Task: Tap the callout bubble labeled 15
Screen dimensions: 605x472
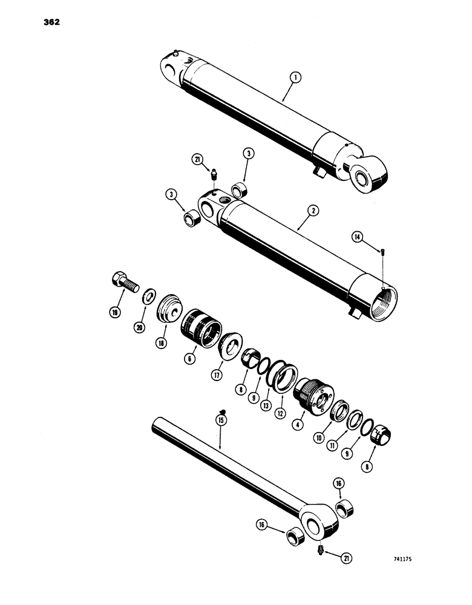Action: [222, 418]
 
